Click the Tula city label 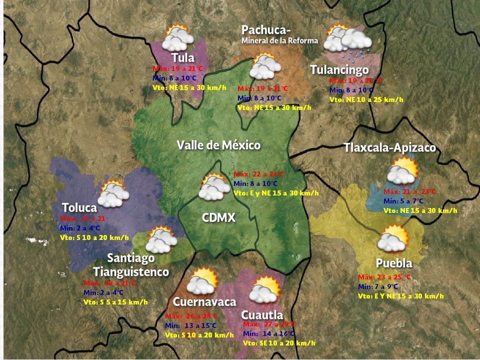[182, 57]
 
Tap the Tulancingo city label [339, 69]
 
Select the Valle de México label [218, 145]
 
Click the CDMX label [218, 218]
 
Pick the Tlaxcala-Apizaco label [389, 148]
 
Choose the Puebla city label [394, 263]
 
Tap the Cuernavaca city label [204, 302]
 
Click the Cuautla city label [262, 315]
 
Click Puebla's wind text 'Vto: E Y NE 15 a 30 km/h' [400, 296]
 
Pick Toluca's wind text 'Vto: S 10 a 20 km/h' [94, 237]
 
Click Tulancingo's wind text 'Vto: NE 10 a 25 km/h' [366, 99]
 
